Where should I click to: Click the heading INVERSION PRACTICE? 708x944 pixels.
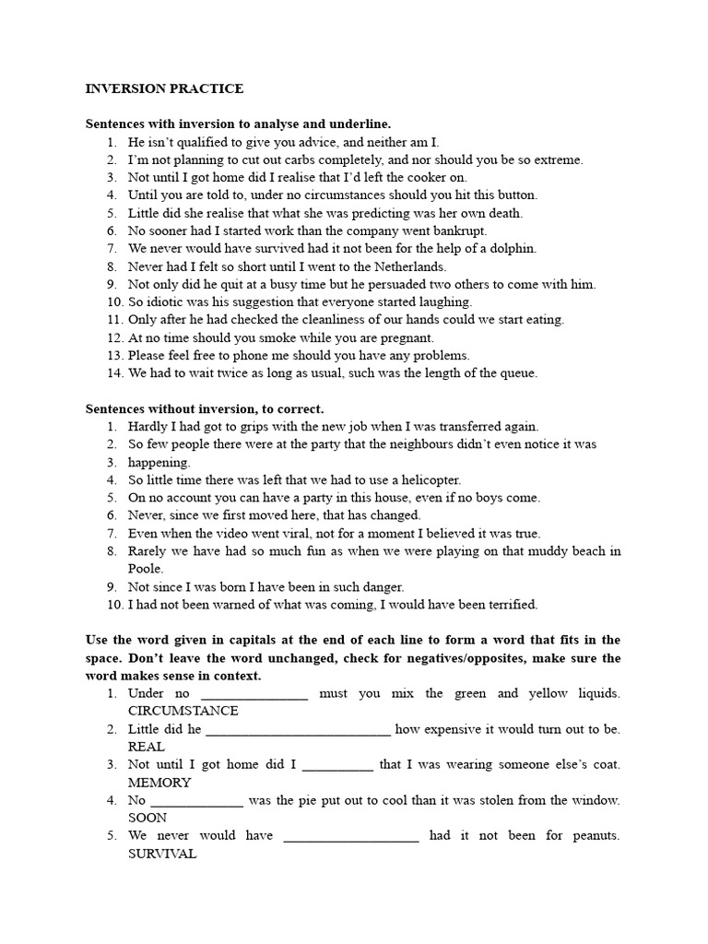[x=164, y=88]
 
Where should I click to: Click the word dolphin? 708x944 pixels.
[x=512, y=249]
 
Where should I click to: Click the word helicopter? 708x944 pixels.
[x=428, y=480]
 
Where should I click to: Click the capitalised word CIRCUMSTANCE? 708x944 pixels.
[x=183, y=711]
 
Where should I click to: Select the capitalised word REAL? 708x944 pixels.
[x=147, y=747]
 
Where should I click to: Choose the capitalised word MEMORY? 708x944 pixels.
[x=159, y=783]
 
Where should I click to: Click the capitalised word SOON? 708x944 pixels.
[x=147, y=818]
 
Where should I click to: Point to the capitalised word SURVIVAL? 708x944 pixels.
[x=162, y=854]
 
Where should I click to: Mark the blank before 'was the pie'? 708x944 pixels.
[x=196, y=802]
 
